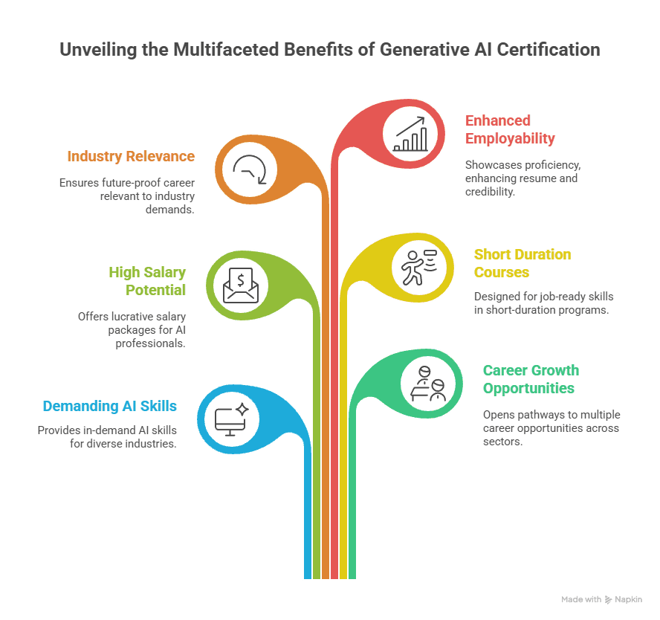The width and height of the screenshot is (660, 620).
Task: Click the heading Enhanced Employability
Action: coord(510,129)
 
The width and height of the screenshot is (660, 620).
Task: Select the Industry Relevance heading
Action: coord(131,156)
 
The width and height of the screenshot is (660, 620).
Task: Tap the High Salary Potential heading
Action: coord(147,280)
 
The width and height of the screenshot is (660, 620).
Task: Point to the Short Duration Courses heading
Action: coord(522,263)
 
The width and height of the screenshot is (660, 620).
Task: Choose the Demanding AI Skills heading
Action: coord(110,406)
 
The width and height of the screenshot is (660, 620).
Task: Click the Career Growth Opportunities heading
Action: coord(531,379)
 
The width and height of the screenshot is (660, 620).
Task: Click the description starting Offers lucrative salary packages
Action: coord(132,329)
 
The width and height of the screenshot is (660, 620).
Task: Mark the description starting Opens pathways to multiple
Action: coord(551,427)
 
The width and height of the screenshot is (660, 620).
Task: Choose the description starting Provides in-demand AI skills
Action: coord(107,437)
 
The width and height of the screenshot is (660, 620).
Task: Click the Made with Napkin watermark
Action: coord(601,598)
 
